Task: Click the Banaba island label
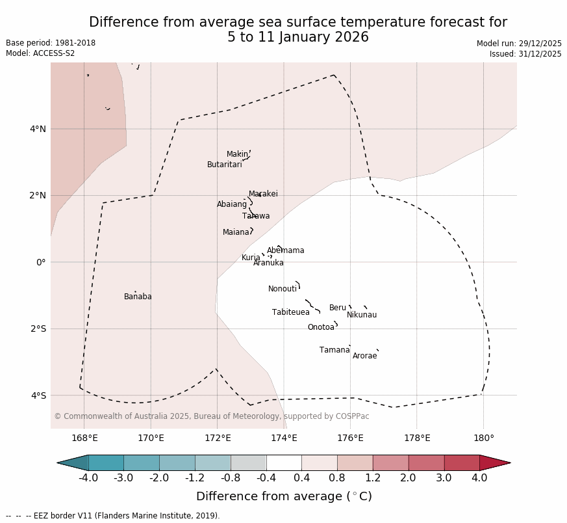(138, 297)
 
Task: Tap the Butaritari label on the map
(225, 165)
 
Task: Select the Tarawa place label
(256, 216)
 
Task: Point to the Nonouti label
(283, 289)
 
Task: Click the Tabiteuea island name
(291, 312)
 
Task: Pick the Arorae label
(365, 356)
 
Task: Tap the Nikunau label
(362, 315)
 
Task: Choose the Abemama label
(286, 250)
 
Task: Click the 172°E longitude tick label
(218, 438)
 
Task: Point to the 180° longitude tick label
(484, 438)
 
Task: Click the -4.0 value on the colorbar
(88, 478)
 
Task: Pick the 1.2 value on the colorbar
(373, 478)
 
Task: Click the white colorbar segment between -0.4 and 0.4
(284, 463)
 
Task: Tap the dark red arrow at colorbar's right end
(494, 463)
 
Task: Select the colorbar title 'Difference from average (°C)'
(284, 496)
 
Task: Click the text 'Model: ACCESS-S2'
(40, 53)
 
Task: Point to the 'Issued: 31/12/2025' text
(525, 54)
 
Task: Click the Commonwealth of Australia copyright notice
(212, 416)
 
